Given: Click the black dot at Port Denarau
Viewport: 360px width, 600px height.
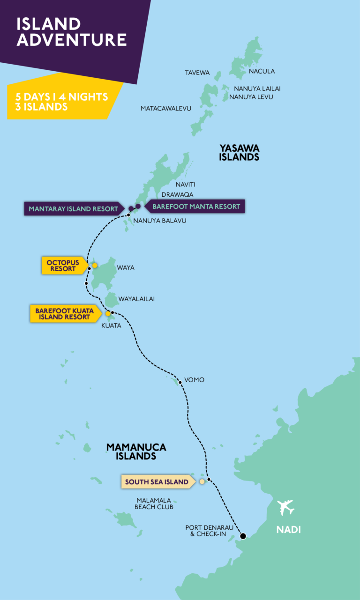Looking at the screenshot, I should point(243,536).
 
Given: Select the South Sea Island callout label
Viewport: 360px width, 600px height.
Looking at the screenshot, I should point(157,481).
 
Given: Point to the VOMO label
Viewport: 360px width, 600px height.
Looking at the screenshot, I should point(194,380).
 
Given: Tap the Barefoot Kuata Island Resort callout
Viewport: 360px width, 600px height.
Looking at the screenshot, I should point(65,314).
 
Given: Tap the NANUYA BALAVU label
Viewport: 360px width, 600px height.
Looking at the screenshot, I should point(159,220).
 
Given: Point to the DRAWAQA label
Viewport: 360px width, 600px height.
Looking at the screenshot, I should point(177,194).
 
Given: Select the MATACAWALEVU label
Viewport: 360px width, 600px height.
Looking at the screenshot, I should point(166,108).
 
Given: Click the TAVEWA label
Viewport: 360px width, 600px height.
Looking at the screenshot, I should point(197,73).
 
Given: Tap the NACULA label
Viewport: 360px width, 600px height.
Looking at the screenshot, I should point(262,71).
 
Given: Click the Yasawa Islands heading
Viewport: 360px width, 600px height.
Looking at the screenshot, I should point(239,153).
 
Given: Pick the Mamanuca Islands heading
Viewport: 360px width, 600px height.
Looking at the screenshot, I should point(136,452).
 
